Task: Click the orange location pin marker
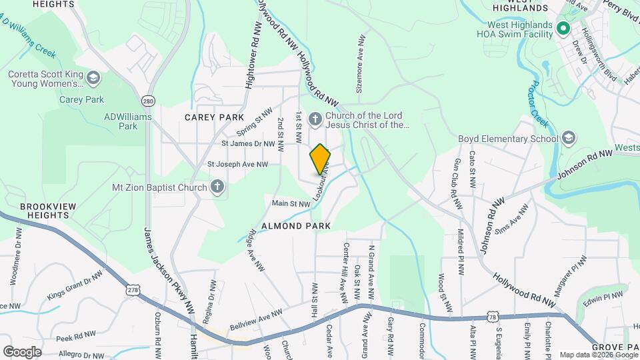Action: pos(320,159)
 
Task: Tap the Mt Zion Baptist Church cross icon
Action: pos(217,187)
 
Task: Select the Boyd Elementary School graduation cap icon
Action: pos(568,138)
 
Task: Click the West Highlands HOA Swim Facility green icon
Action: pos(562,28)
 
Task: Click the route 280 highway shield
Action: pos(147,101)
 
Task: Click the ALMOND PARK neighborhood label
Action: pos(296,227)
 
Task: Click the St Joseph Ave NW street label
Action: pos(237,164)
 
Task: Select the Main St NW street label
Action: pos(291,203)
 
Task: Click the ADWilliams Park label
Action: pos(127,121)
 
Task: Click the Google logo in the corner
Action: pos(22,351)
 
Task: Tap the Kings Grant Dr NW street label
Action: pos(75,285)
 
